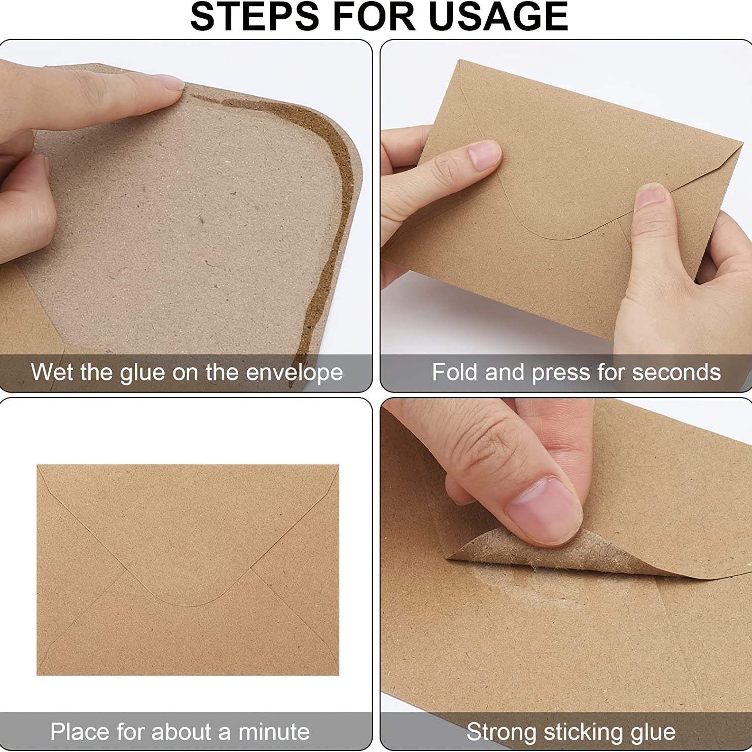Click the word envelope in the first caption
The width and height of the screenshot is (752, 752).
pyautogui.click(x=294, y=373)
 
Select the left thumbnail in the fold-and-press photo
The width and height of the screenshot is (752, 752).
pyautogui.click(x=484, y=155)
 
